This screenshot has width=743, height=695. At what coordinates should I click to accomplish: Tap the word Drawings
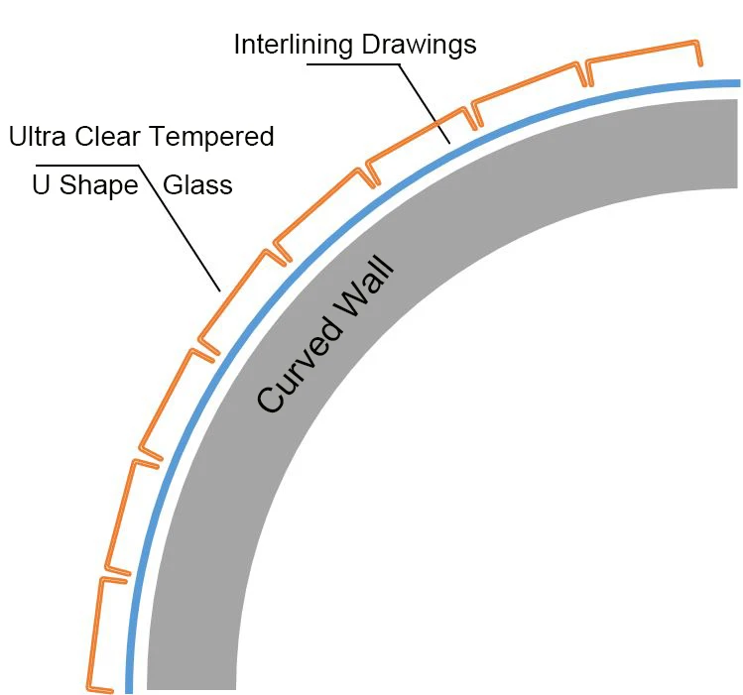(421, 45)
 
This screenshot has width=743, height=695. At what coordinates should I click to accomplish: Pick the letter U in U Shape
(42, 185)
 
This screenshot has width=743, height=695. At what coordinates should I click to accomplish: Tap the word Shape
(99, 186)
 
